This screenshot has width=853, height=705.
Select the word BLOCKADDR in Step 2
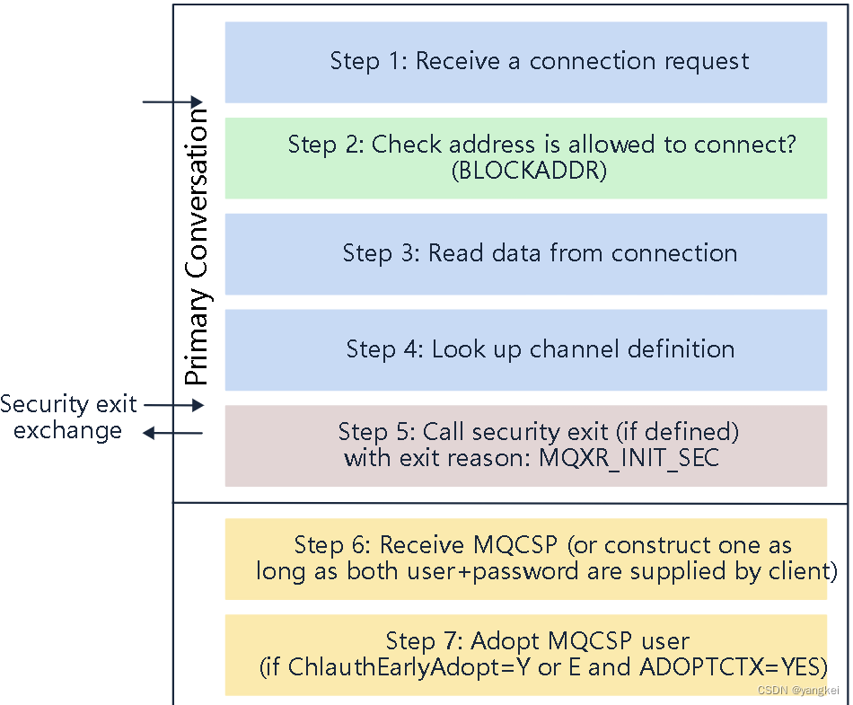coord(529,170)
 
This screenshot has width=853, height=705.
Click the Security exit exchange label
coord(67,417)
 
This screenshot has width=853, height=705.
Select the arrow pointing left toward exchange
coord(174,434)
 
